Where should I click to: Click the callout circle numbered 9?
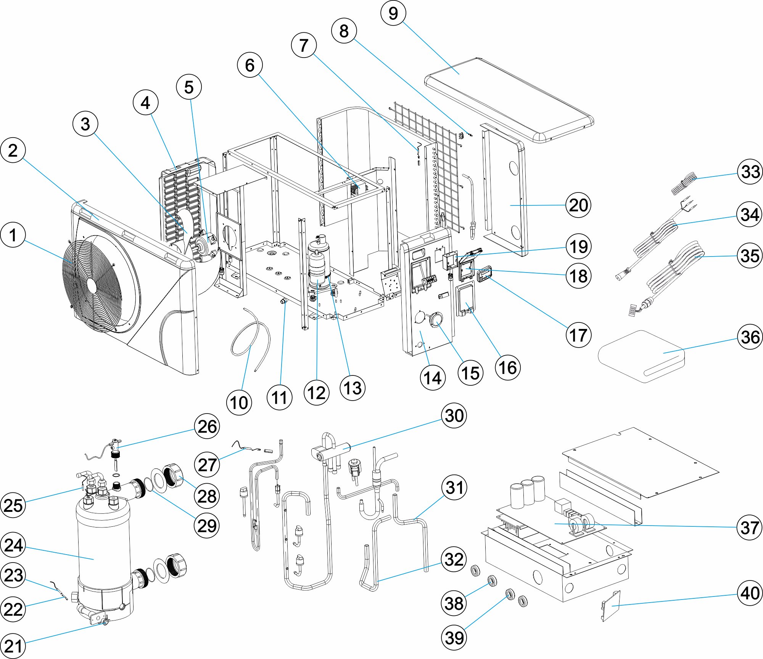click(x=393, y=13)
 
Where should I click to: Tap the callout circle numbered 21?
click(x=13, y=646)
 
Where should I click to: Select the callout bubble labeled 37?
click(x=749, y=528)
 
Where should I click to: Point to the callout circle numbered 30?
click(x=454, y=415)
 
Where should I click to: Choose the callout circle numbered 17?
click(x=578, y=335)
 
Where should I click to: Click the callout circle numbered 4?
click(x=145, y=103)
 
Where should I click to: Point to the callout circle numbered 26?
click(x=207, y=426)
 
